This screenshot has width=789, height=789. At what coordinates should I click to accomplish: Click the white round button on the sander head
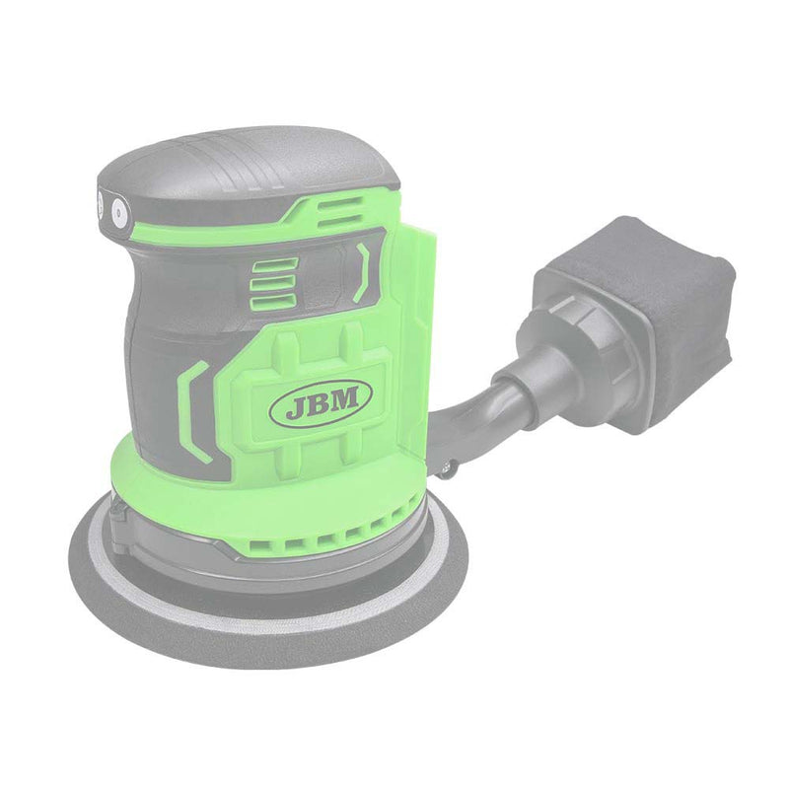coord(119,211)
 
